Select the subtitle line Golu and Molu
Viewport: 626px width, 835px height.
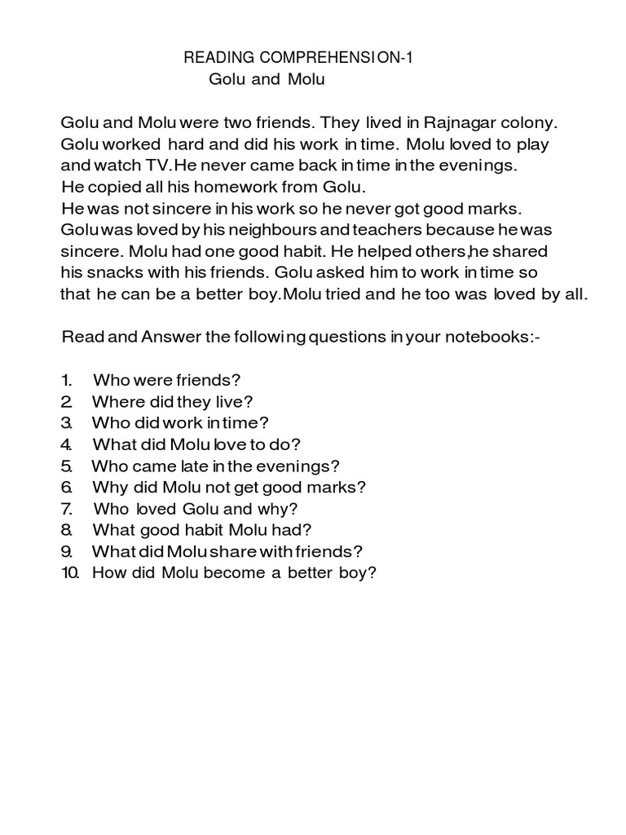267,80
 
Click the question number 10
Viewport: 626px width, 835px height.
70,572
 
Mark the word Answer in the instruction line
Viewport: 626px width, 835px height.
160,337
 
